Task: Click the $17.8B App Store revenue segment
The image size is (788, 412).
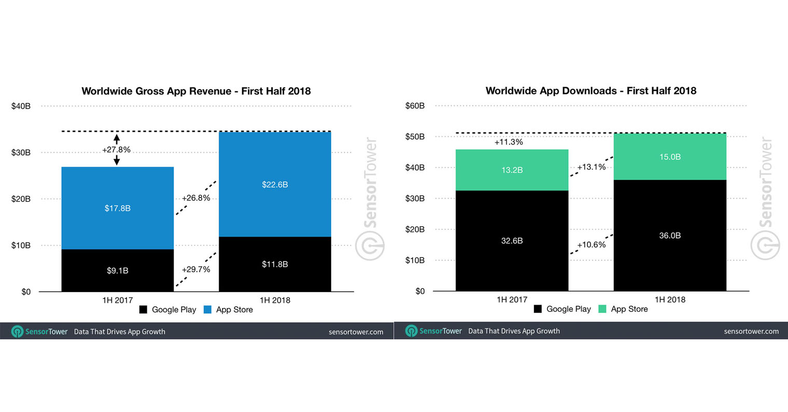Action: [x=118, y=208]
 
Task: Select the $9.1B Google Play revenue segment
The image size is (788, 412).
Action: [x=118, y=270]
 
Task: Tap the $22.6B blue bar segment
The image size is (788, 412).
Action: [x=275, y=184]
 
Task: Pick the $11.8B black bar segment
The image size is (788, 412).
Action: [x=275, y=264]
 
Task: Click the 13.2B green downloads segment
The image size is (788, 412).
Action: [x=512, y=170]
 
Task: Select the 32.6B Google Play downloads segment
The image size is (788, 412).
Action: [x=512, y=241]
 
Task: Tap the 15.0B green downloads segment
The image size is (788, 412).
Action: [x=670, y=157]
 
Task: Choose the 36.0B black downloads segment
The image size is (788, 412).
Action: [x=670, y=236]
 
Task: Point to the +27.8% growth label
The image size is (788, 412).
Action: [x=116, y=150]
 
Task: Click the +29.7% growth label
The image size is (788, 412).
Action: [x=196, y=269]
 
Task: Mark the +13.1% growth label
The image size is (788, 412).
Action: [x=592, y=167]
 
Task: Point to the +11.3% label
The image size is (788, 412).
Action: [x=509, y=142]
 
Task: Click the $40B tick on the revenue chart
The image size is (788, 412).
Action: [x=21, y=106]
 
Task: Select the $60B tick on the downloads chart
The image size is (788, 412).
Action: [x=415, y=106]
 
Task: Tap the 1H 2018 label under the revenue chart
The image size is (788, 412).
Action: [x=275, y=300]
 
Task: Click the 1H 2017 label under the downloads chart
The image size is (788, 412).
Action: [x=512, y=299]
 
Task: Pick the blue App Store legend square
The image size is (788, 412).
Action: [x=208, y=310]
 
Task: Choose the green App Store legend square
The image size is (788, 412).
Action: [x=602, y=309]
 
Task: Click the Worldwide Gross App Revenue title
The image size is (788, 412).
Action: [x=196, y=91]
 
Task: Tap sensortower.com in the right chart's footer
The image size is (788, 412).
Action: [x=751, y=331]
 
